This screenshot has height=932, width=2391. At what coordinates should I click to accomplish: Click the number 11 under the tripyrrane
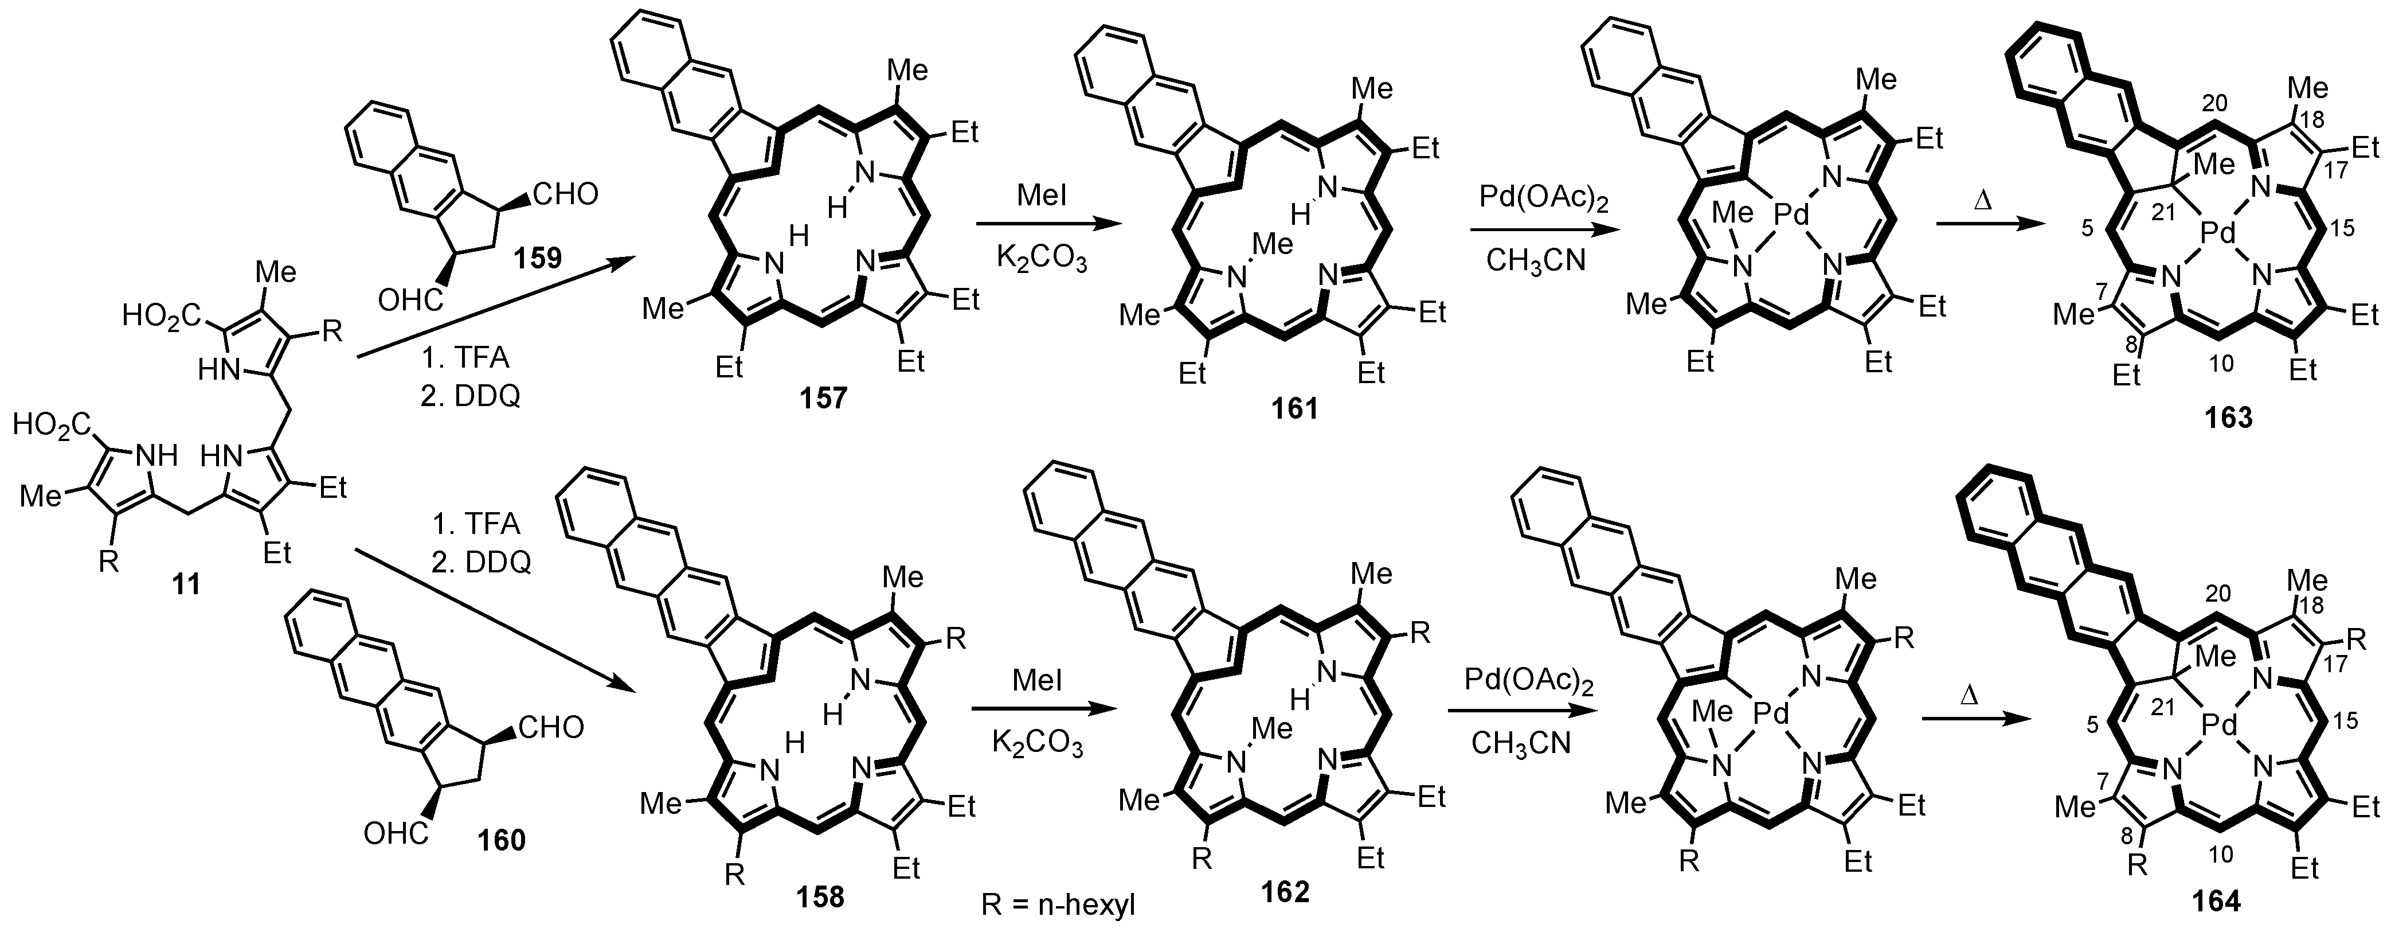tap(186, 585)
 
